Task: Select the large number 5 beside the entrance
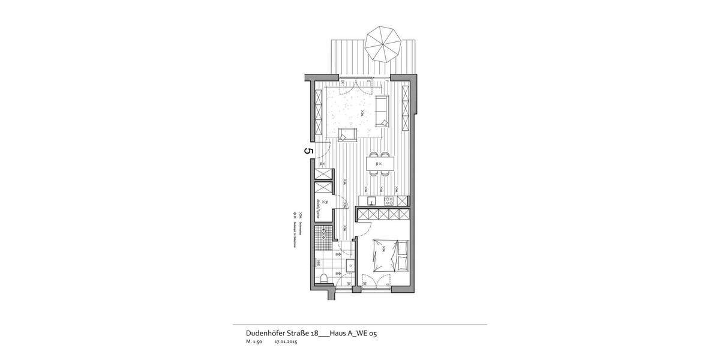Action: (x=308, y=151)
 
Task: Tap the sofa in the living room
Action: (x=382, y=110)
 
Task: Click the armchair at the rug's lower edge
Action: (x=347, y=134)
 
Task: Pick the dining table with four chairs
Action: (x=380, y=163)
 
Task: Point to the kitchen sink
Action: (x=371, y=201)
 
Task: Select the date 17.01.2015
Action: (x=286, y=343)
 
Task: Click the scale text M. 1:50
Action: (x=254, y=343)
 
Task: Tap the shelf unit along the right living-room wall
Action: (x=406, y=101)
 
